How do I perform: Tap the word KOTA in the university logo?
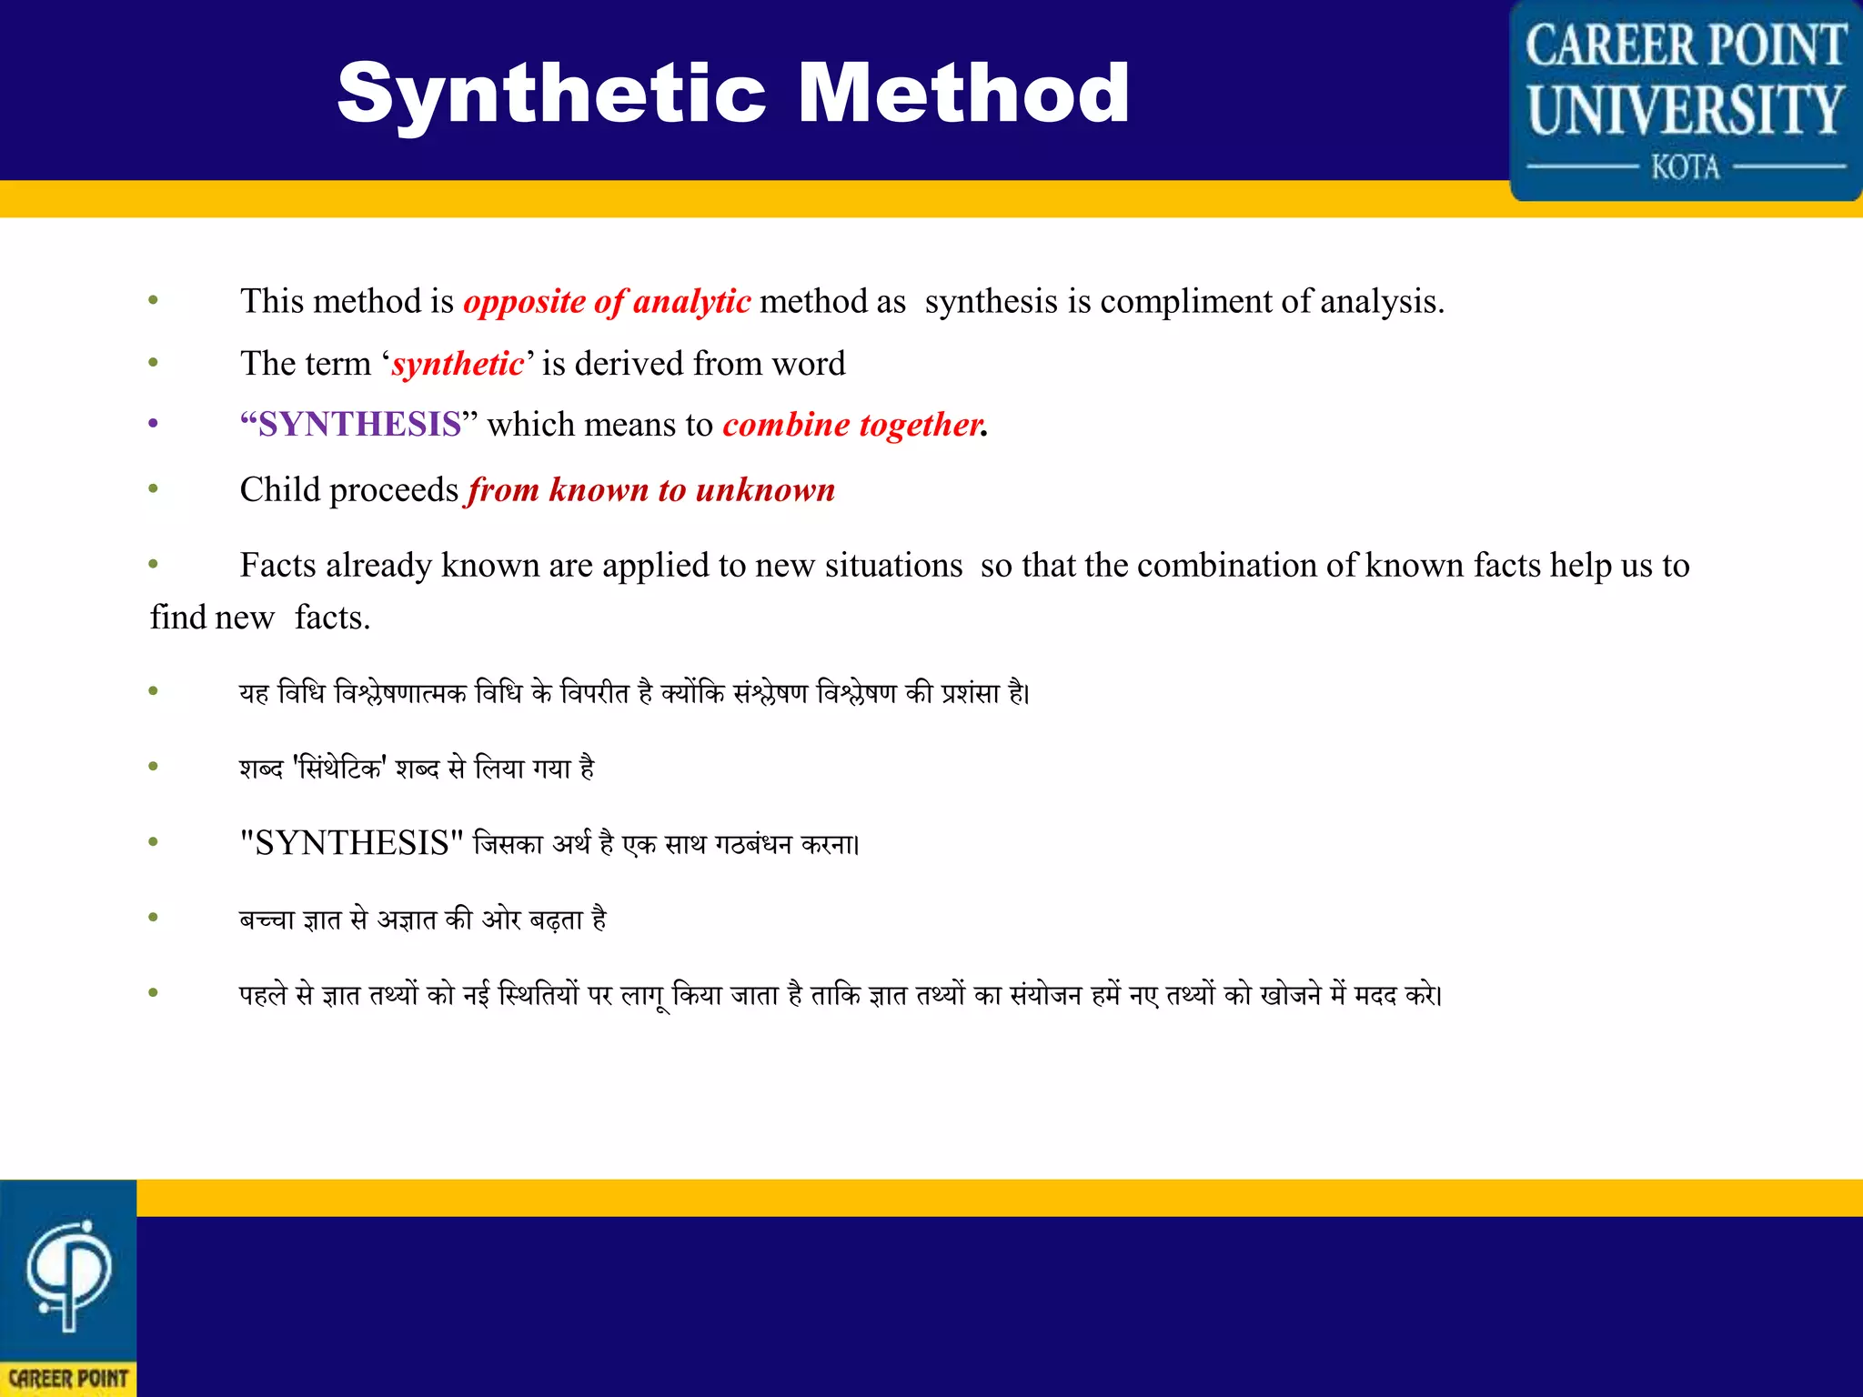click(1686, 168)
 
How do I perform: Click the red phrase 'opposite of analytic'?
click(607, 302)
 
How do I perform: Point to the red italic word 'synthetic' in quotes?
click(458, 364)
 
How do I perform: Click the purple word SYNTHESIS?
click(359, 425)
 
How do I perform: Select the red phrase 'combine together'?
click(852, 425)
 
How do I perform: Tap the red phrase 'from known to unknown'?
click(651, 490)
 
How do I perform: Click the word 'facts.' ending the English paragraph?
click(332, 618)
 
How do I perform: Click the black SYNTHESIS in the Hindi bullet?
click(352, 844)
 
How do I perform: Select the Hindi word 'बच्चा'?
click(267, 920)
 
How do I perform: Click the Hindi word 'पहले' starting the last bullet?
click(264, 995)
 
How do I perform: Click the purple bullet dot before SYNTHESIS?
click(154, 424)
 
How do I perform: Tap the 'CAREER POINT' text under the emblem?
click(68, 1379)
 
